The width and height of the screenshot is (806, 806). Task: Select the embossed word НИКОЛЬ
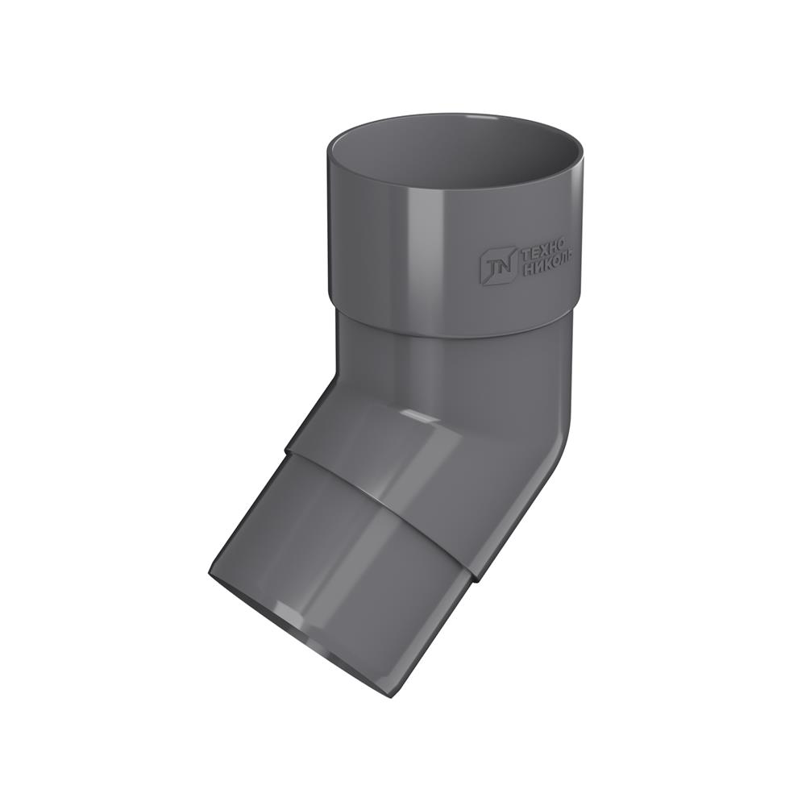(547, 268)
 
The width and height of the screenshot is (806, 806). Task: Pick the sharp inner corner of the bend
(338, 380)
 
